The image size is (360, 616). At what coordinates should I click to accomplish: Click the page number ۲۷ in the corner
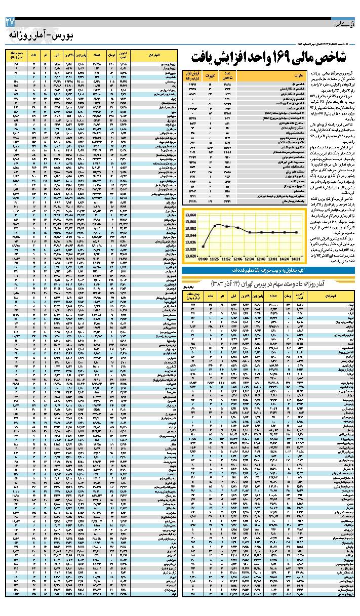point(10,22)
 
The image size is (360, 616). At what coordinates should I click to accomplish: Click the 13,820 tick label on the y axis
point(190,256)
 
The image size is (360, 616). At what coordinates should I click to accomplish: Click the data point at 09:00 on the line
point(203,247)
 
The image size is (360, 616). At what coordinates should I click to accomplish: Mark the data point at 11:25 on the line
point(215,225)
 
